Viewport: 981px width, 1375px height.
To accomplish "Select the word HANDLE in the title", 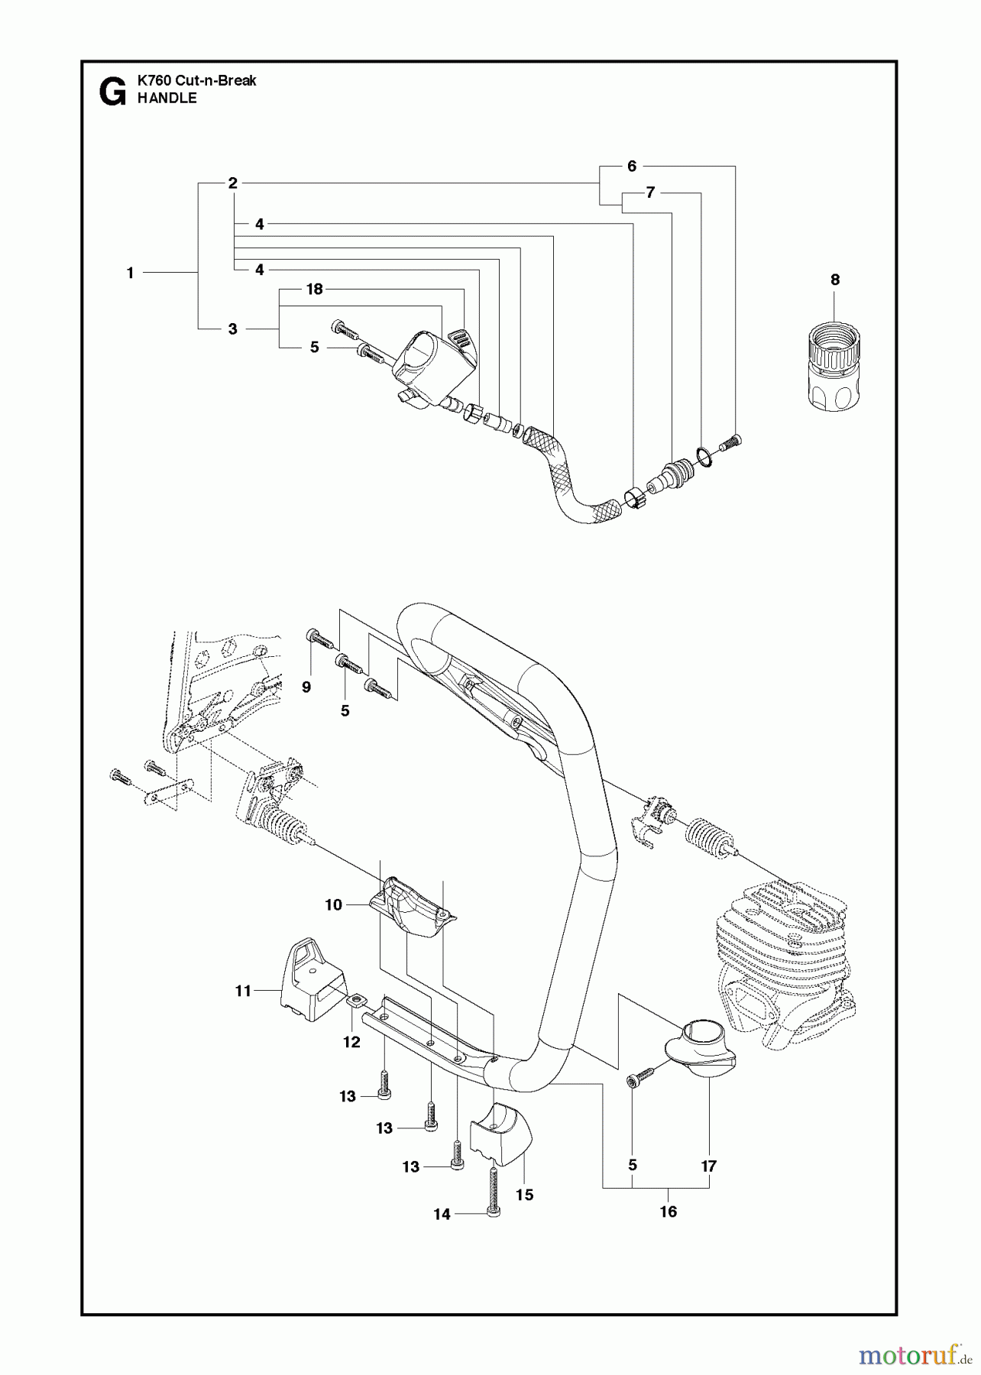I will [167, 99].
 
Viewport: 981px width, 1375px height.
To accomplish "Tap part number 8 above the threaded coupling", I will [835, 280].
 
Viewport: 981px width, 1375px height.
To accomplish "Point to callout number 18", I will [314, 289].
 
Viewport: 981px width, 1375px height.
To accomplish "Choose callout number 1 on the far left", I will [131, 273].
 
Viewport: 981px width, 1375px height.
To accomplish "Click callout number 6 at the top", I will [632, 166].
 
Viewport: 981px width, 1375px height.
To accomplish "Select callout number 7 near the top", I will [650, 192].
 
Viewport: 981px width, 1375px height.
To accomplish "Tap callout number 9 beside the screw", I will [306, 687].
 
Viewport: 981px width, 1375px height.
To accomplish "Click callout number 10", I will [333, 905].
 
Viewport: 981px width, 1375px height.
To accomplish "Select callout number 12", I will [351, 1042].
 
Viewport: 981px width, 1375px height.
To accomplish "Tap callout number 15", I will [525, 1195].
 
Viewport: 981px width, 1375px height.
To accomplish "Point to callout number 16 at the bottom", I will [669, 1212].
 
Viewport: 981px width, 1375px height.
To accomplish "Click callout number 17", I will [709, 1166].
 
